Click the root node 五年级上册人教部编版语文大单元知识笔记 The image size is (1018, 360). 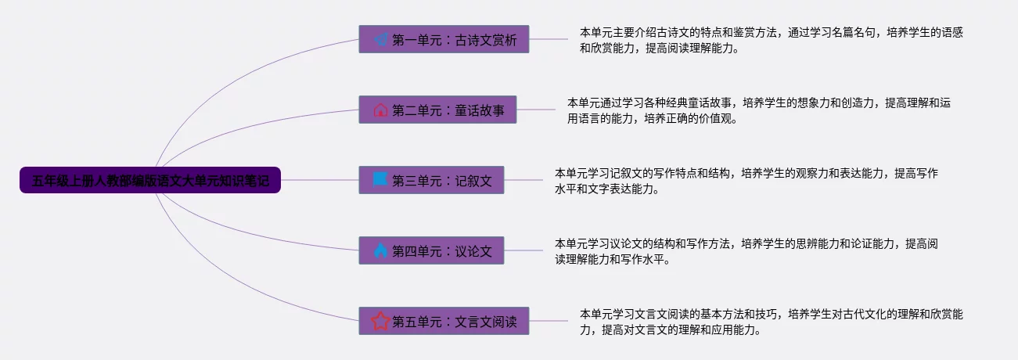[x=150, y=181]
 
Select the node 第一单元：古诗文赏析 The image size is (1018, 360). [x=444, y=39]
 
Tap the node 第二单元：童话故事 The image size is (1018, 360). [x=437, y=110]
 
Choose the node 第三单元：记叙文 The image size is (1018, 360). [x=431, y=180]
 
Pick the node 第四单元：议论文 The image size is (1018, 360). [x=431, y=250]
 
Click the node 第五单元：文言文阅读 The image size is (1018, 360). [x=444, y=321]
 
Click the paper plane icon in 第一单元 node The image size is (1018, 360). [x=380, y=39]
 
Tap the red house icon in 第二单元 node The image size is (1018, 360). [x=380, y=110]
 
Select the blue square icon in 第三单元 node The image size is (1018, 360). [x=380, y=180]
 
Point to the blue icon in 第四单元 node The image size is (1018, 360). [x=380, y=250]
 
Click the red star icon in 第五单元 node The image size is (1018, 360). [x=380, y=321]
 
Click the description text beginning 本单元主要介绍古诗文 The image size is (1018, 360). [x=771, y=40]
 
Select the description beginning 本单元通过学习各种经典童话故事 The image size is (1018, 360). [x=759, y=110]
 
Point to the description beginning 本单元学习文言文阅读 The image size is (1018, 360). [x=771, y=322]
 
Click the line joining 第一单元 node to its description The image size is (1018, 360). [x=549, y=39]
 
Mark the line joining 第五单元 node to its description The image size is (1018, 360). [x=549, y=321]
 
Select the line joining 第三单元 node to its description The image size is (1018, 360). [x=523, y=180]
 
